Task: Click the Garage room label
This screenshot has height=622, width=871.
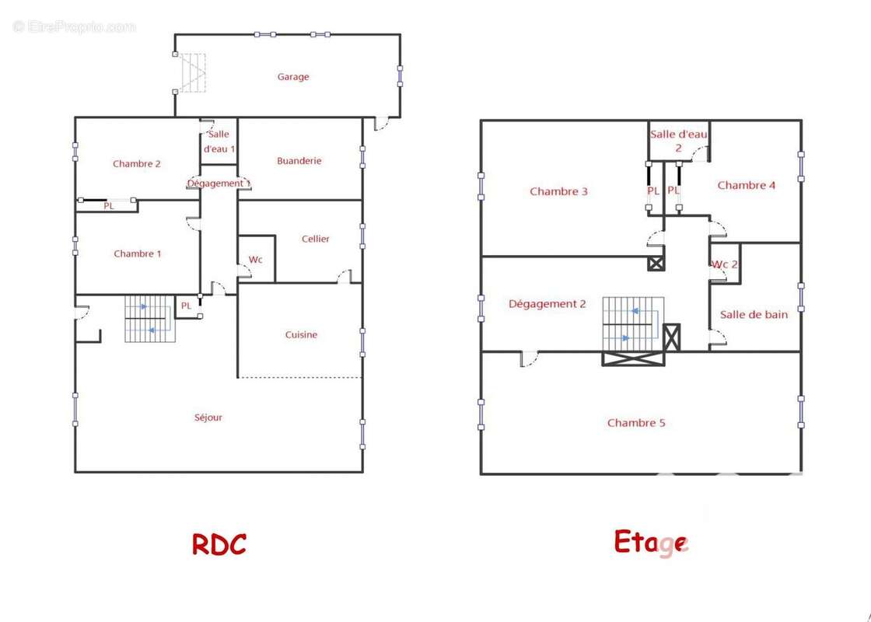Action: click(x=293, y=77)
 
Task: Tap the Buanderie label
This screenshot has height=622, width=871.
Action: click(x=299, y=160)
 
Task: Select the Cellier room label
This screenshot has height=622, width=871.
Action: click(x=316, y=239)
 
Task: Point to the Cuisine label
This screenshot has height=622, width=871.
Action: click(x=301, y=334)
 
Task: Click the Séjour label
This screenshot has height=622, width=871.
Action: click(x=208, y=418)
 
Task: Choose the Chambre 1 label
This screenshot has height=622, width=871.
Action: click(x=137, y=253)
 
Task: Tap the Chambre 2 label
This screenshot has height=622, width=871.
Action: click(x=137, y=164)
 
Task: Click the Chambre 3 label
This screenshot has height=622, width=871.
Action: click(x=558, y=191)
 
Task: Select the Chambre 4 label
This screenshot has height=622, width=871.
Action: click(x=746, y=186)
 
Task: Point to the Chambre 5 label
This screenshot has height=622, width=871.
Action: click(x=636, y=423)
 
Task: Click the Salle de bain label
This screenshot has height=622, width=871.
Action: click(x=754, y=314)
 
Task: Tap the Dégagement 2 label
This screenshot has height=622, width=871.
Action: click(x=547, y=304)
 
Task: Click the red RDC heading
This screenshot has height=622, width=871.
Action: click(x=219, y=544)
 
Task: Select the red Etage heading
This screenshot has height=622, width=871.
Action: click(x=651, y=543)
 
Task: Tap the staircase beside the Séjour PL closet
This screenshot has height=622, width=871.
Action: click(x=149, y=319)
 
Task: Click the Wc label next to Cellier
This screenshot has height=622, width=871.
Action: click(x=256, y=260)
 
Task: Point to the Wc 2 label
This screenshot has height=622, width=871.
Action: click(x=725, y=264)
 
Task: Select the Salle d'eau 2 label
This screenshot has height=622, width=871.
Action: click(x=679, y=141)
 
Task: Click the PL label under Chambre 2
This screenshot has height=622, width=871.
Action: click(x=109, y=206)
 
